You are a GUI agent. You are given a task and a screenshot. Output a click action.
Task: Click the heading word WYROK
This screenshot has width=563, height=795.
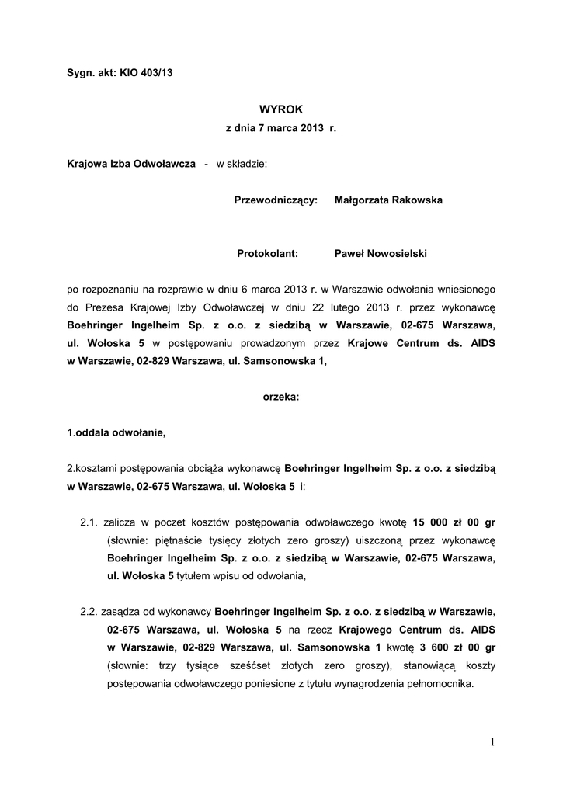coord(280,110)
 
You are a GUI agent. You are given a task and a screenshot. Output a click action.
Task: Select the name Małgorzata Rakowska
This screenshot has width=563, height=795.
coord(388,200)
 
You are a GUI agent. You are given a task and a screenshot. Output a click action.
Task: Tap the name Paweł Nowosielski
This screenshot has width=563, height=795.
coord(381,253)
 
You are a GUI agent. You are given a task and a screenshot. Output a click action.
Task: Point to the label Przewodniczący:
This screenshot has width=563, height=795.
coord(276,200)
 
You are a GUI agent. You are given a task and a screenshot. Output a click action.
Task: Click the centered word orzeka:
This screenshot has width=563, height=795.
coord(280,397)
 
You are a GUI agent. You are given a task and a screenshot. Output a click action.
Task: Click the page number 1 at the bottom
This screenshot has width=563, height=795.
coord(492,743)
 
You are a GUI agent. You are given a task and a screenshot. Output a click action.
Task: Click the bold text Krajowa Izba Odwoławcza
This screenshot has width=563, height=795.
coord(131,165)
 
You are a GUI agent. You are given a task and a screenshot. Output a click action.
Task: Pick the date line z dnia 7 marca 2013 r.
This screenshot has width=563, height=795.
coord(280,127)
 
